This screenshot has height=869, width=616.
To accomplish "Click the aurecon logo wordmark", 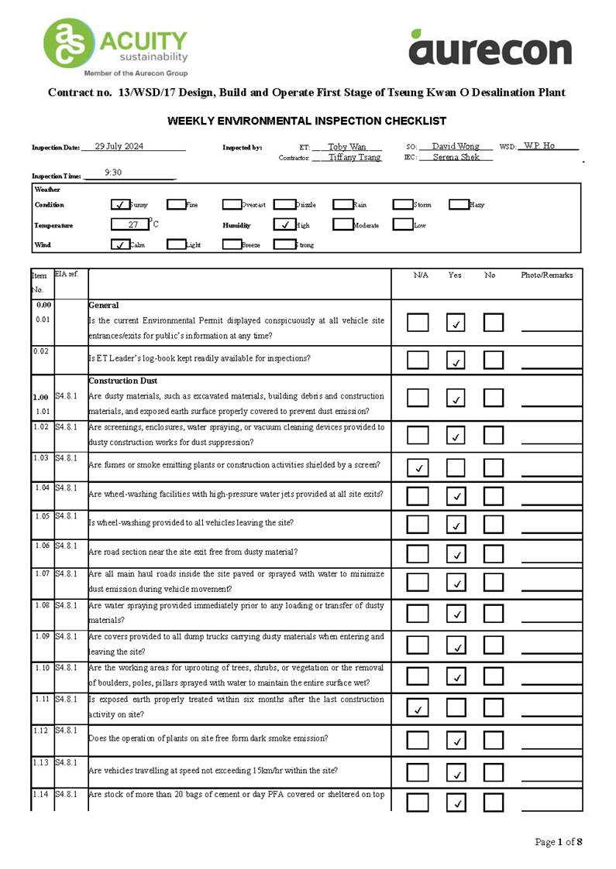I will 490,48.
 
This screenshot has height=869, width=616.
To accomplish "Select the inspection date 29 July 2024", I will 119,146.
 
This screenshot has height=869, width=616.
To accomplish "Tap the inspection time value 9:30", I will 113,173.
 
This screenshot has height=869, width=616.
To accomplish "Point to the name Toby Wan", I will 346,146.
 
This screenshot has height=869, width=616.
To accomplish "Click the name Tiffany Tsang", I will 354,157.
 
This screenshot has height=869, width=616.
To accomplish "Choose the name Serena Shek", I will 456,157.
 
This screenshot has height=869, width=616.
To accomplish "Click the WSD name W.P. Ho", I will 539,145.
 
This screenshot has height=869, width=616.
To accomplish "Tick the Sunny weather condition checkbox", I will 120,205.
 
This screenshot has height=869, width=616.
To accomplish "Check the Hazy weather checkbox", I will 459,205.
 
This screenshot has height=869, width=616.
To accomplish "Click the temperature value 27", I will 132,225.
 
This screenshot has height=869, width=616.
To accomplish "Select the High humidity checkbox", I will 284,225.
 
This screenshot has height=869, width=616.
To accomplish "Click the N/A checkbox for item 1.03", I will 418,467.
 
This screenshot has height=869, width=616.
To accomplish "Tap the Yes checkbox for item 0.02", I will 456,360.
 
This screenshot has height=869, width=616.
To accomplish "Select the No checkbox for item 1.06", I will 494,553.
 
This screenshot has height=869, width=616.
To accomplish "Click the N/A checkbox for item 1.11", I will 418,708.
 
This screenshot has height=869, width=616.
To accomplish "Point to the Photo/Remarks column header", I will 546,275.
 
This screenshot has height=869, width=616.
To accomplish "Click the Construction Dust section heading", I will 123,381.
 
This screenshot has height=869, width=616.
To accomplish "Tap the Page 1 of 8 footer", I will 558,842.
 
